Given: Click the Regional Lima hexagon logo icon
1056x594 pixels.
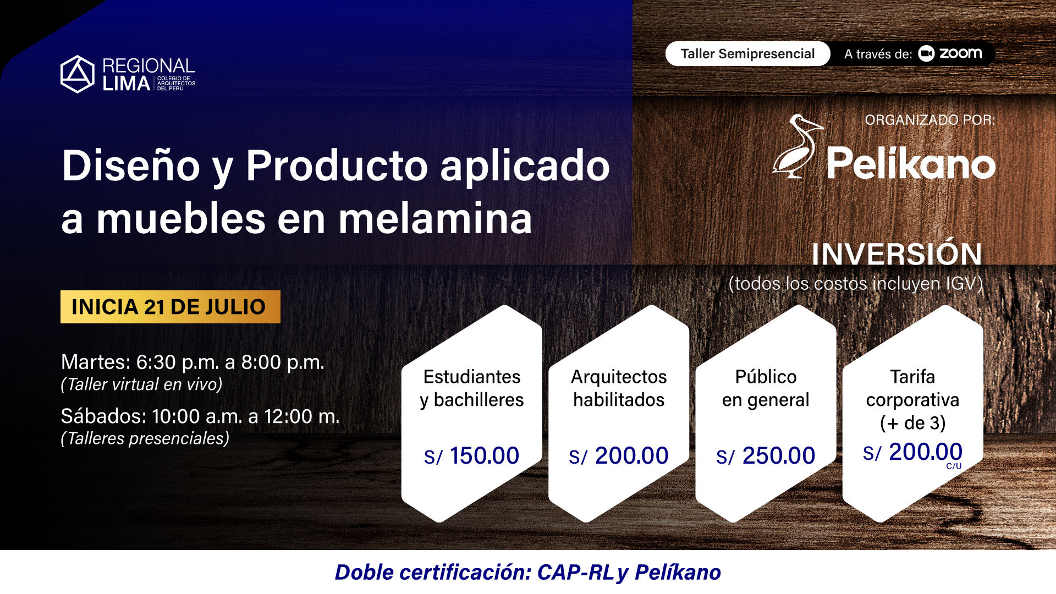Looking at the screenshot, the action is point(78,74).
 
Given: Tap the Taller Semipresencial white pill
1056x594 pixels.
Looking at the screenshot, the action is point(747,54).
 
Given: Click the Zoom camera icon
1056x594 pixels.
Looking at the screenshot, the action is point(926,53).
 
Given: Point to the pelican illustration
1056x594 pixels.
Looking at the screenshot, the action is point(797,146).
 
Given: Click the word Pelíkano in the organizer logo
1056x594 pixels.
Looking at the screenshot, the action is point(911,163).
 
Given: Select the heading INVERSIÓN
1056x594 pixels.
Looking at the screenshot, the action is point(897,254).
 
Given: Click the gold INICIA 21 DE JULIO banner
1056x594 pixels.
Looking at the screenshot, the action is point(170,306).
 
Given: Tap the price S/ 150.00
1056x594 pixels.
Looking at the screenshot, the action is point(471,456).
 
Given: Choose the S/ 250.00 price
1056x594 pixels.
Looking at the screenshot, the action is point(766,456).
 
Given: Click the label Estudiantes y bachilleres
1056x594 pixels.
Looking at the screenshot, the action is point(472,388).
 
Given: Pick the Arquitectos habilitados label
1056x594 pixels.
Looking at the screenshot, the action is point(619,388).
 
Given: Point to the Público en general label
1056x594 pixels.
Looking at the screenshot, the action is point(766,388).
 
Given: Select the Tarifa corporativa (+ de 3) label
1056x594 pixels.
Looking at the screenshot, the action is point(912,400).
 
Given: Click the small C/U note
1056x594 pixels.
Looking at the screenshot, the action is point(954,466).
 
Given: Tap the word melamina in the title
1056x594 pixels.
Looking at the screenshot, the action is point(435,219).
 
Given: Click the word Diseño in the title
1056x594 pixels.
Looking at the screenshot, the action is point(131,166).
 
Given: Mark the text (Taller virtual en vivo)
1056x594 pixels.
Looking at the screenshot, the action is point(141,384).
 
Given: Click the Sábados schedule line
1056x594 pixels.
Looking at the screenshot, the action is point(200,416).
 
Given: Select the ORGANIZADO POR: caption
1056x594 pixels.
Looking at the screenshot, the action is point(930,120).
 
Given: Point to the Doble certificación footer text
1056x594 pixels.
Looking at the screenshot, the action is point(528,573).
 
